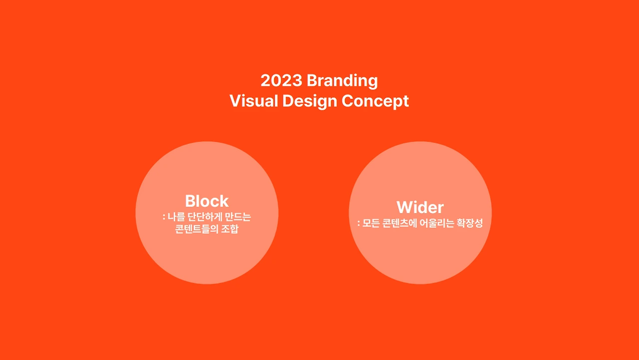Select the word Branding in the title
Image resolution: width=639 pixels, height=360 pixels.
[342, 80]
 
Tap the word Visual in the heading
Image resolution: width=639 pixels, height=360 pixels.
[254, 101]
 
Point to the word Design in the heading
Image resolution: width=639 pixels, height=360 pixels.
[310, 101]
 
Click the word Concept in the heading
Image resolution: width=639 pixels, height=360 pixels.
[375, 101]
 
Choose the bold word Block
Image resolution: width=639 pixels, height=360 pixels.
[207, 201]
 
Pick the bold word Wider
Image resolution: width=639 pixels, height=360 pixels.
[420, 207]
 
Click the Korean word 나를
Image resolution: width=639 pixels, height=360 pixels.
[176, 218]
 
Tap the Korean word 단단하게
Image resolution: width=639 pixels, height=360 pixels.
[204, 218]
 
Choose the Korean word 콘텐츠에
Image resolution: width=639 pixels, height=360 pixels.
[400, 224]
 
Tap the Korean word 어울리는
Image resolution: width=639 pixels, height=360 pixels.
[436, 224]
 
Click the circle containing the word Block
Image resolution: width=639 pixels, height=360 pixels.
[207, 260]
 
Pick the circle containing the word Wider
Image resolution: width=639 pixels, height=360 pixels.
[420, 260]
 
